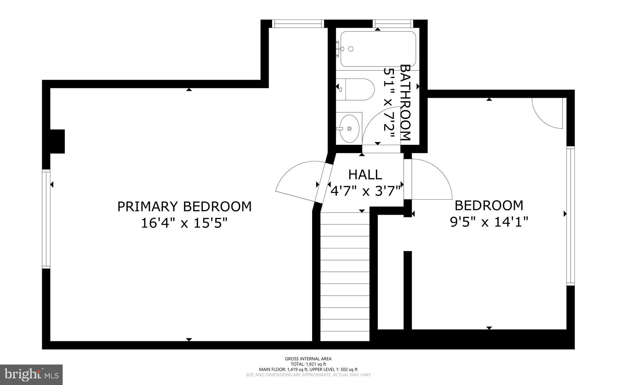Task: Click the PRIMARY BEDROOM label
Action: pos(184,207)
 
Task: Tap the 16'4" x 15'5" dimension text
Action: pos(184,223)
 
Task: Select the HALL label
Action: pos(365,175)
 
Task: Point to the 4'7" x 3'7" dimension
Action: pos(365,191)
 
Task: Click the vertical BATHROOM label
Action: pos(406,102)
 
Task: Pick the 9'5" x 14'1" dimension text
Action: pos(489,222)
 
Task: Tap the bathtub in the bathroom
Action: pos(378,49)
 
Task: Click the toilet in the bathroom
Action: pos(355,89)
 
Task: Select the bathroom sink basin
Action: pos(349,129)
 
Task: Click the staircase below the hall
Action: pos(345,277)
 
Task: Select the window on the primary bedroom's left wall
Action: pos(46,219)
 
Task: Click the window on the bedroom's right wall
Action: pos(570,216)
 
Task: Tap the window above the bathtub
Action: pos(392,23)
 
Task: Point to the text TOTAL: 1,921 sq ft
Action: pos(308,364)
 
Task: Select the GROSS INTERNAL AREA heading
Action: pos(308,359)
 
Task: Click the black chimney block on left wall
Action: pos(57,141)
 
